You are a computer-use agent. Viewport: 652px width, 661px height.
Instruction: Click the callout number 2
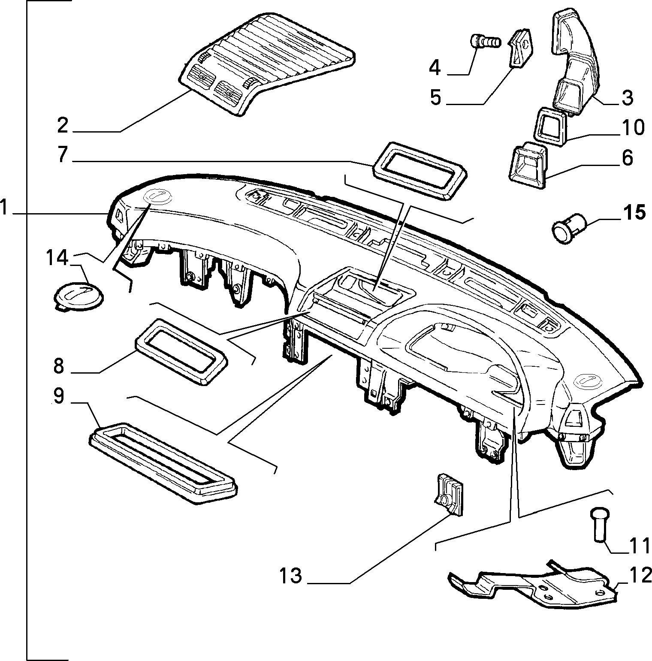[63, 125]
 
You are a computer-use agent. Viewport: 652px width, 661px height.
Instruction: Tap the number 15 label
[634, 212]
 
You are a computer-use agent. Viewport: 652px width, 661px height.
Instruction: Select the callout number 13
[290, 576]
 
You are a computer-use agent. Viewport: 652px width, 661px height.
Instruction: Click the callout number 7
[63, 154]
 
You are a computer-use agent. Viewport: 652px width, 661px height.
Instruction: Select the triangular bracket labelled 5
[520, 48]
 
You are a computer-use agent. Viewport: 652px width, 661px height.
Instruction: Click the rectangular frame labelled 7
[420, 171]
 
